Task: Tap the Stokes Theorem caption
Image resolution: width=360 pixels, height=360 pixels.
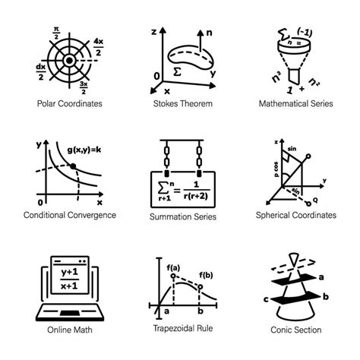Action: click(x=182, y=103)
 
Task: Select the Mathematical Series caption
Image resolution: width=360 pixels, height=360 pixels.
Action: click(x=296, y=103)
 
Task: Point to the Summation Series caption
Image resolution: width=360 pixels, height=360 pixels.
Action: click(x=182, y=216)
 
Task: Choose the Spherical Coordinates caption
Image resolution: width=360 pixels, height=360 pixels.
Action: click(x=296, y=215)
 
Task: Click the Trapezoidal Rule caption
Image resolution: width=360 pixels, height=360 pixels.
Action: click(x=182, y=328)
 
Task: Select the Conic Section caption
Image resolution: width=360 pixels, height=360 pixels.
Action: click(x=296, y=329)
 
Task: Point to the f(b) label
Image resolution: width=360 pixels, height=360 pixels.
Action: click(x=207, y=275)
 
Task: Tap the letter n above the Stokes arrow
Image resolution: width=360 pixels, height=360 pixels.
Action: click(x=209, y=33)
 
